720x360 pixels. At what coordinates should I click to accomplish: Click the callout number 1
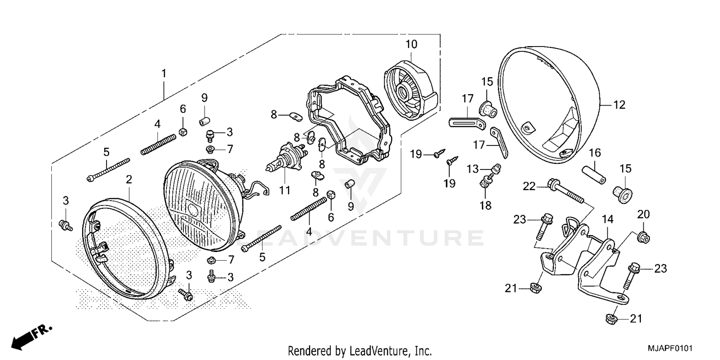(x=164, y=74)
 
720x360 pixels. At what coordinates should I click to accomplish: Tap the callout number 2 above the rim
(x=129, y=180)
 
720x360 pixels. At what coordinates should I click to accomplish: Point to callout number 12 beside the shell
(x=620, y=105)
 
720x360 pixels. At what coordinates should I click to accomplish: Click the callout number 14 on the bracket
(x=608, y=220)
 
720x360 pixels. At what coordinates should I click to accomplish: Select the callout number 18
(x=485, y=205)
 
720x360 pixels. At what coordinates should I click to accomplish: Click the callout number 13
(x=473, y=168)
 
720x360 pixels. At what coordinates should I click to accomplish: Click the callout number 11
(x=285, y=191)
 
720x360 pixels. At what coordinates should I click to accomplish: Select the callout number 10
(x=411, y=44)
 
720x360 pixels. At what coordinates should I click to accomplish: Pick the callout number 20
(x=643, y=214)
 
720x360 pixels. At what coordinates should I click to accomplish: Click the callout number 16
(x=595, y=153)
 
